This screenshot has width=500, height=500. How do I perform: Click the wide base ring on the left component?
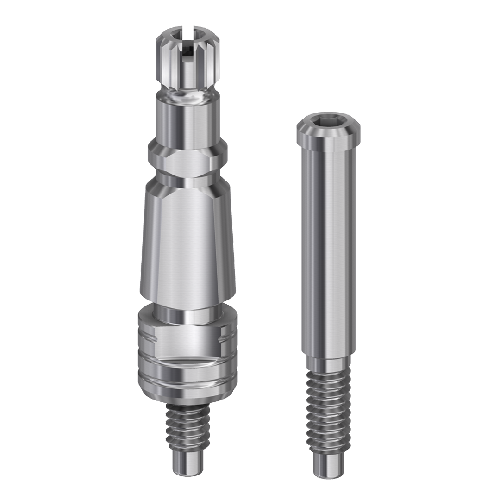[x=187, y=352]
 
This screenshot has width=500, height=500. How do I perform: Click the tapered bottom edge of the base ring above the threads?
[x=187, y=396]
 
